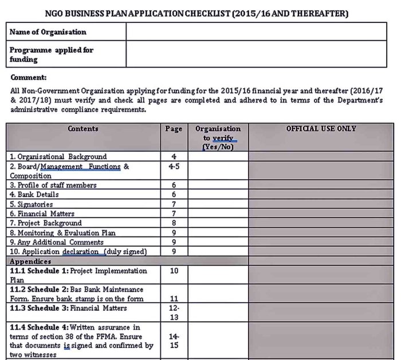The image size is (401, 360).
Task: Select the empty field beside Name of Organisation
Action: [x=256, y=32]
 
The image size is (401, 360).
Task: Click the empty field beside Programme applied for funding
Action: [x=256, y=54]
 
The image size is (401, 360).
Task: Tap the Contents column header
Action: [x=83, y=129]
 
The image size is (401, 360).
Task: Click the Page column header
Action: [x=174, y=129]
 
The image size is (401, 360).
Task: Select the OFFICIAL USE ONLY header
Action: [x=321, y=129]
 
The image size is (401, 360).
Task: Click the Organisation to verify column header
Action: [x=218, y=137]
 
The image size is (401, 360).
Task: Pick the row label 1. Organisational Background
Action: [x=58, y=156]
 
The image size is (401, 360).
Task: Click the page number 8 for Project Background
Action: [x=174, y=223]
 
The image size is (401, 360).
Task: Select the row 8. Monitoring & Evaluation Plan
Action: [x=62, y=233]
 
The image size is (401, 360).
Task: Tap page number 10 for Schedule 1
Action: [x=174, y=271]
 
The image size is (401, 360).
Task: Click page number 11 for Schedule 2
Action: [x=174, y=299]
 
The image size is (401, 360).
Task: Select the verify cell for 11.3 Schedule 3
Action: [x=218, y=312]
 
